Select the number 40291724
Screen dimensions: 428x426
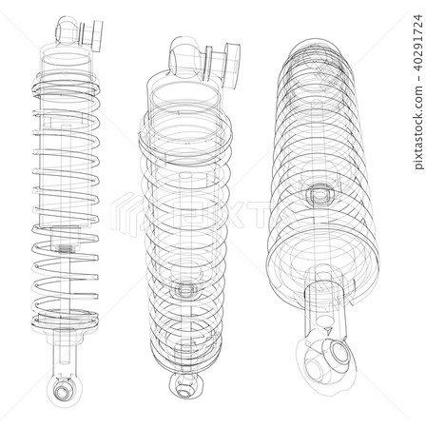[417, 42]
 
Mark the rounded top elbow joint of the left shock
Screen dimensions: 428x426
[67, 30]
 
